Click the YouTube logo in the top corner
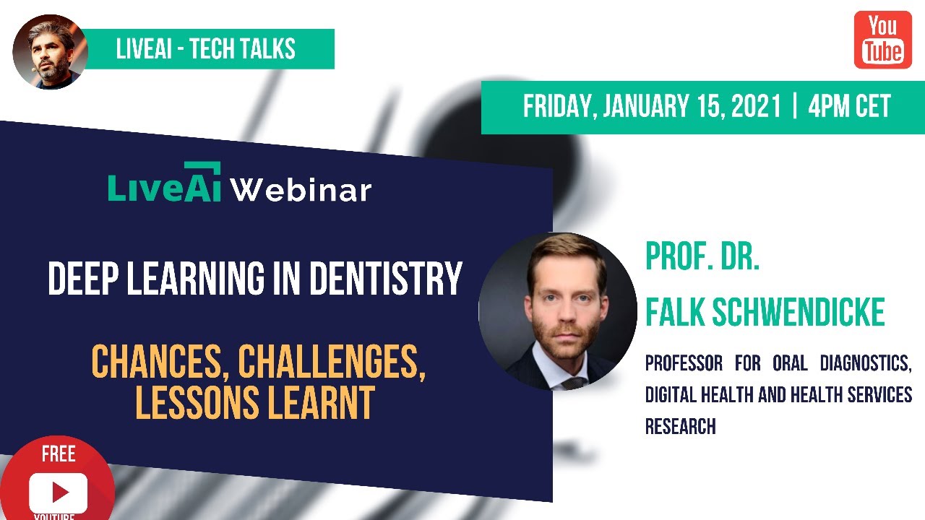pyautogui.click(x=882, y=40)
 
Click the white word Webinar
pyautogui.click(x=301, y=190)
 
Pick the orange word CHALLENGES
pyautogui.click(x=331, y=363)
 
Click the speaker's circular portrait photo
pyautogui.click(x=558, y=311)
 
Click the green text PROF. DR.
pyautogui.click(x=702, y=257)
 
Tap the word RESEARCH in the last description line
pyautogui.click(x=680, y=426)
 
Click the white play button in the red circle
pyautogui.click(x=59, y=492)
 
